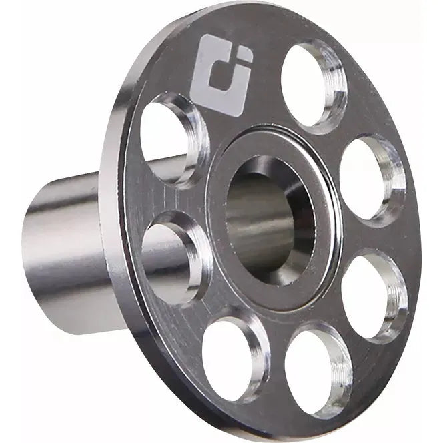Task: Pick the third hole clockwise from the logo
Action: point(372,294)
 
